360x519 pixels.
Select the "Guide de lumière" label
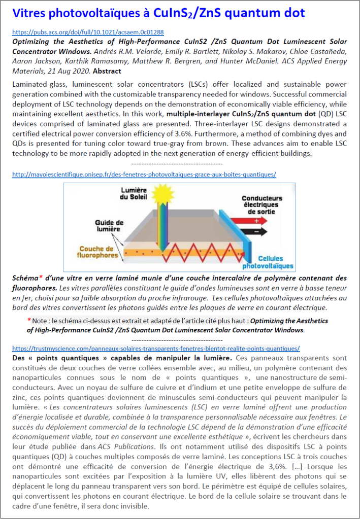(109, 226)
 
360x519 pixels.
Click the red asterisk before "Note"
(29, 321)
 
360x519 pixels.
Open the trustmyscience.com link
(155, 349)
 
